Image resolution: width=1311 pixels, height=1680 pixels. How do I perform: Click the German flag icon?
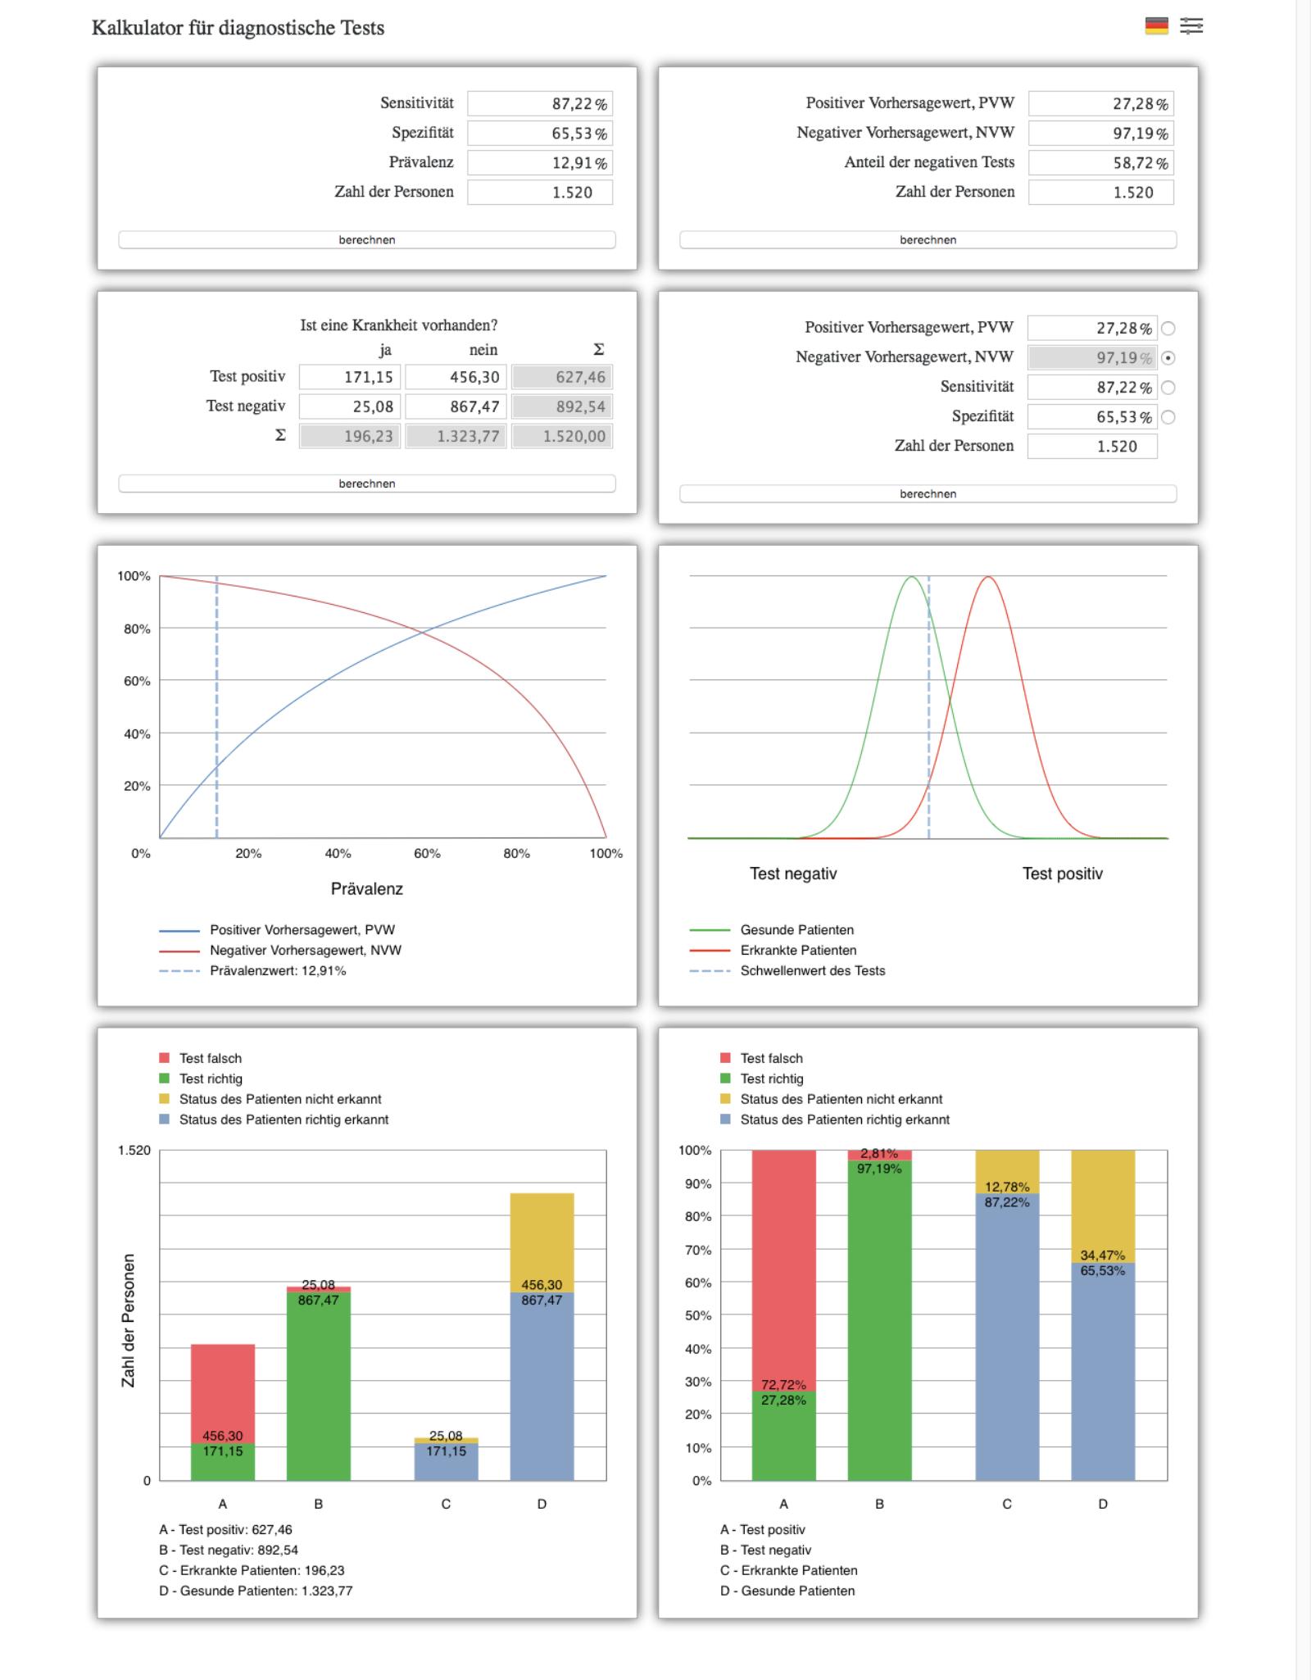1156,26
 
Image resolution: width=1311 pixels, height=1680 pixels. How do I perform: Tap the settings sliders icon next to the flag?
1191,26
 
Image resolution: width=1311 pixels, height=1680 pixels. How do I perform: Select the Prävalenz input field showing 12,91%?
540,163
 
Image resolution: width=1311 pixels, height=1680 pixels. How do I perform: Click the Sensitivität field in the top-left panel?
540,104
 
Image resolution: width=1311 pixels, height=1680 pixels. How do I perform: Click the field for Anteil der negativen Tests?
1101,163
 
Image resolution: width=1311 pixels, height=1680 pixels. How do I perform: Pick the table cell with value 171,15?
350,377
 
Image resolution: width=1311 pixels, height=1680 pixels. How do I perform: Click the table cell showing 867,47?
456,406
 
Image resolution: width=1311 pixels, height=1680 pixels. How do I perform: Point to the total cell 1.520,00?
562,436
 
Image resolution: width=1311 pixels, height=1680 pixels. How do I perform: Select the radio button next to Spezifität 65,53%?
1168,417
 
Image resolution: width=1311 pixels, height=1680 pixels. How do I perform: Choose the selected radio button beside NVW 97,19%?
1168,358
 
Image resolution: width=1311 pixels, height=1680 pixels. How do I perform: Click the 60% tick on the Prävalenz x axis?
427,853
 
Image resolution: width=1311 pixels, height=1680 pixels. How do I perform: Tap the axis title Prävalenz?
367,888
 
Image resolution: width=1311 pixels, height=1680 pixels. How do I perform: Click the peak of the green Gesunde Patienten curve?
911,577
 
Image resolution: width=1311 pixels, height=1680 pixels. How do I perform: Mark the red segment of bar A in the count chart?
223,1393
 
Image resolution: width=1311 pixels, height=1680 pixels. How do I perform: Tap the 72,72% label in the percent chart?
783,1385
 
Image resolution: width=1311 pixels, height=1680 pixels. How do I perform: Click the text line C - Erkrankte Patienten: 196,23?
252,1570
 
